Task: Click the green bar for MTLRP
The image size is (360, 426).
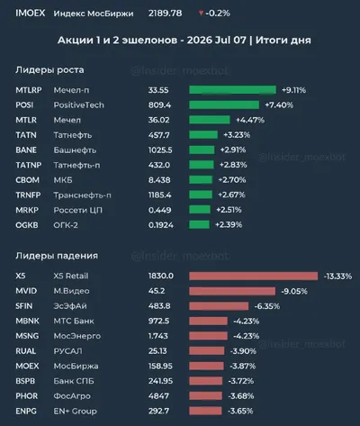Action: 232,90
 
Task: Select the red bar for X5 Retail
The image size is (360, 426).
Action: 254,276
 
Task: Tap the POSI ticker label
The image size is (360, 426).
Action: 24,105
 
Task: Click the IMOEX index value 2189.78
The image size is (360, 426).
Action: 165,14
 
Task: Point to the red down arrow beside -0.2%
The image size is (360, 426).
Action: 201,13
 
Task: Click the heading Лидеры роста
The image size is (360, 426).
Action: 49,70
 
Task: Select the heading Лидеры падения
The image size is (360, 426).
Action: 57,256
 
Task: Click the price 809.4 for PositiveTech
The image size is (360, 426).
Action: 159,105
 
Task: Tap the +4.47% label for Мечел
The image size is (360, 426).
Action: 250,120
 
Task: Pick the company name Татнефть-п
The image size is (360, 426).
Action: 76,165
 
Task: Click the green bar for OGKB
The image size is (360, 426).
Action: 199,224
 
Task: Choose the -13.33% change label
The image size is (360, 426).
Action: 337,276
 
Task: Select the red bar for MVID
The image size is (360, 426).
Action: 232,291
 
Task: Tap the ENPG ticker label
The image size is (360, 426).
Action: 26,411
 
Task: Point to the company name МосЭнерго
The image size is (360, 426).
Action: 77,336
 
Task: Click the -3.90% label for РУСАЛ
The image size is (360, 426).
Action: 243,351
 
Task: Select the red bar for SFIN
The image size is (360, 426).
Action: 219,306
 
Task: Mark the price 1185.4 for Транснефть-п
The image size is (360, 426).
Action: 160,195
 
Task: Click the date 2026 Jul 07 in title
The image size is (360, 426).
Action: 217,40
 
